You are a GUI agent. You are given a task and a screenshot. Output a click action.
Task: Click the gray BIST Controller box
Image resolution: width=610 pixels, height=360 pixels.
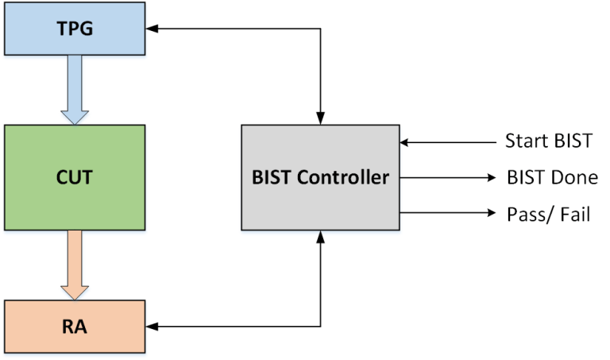click(320, 177)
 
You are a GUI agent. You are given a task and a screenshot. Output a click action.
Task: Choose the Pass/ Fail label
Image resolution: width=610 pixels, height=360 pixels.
click(548, 213)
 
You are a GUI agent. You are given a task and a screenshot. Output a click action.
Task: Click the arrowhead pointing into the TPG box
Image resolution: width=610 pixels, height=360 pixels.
click(152, 29)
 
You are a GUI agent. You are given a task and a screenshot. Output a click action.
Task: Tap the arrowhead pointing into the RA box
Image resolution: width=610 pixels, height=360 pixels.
click(152, 326)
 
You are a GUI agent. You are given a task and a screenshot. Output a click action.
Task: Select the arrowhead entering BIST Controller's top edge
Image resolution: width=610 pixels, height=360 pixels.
click(320, 119)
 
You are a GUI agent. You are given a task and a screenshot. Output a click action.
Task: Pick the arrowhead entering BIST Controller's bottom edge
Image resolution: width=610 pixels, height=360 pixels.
click(320, 236)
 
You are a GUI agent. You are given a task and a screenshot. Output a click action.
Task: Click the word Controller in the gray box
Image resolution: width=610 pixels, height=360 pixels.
click(350, 177)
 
